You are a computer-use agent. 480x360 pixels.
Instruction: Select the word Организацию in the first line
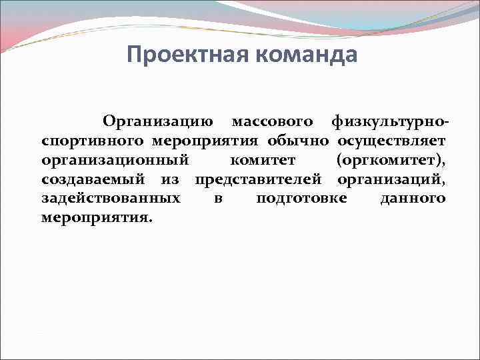point(158,122)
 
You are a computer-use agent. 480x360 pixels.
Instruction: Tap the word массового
point(272,122)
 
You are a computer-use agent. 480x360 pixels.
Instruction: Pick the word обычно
point(299,141)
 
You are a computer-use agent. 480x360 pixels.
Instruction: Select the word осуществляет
point(392,141)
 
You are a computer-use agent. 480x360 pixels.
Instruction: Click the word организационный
point(115,161)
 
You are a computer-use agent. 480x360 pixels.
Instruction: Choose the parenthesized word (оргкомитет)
point(392,161)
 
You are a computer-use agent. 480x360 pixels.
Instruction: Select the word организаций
point(392,180)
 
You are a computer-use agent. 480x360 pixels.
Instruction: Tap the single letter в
point(218,199)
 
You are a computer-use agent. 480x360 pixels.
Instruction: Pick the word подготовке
point(301,199)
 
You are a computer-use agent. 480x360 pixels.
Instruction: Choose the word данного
point(413,199)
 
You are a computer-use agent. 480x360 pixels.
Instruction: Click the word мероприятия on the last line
point(97,218)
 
